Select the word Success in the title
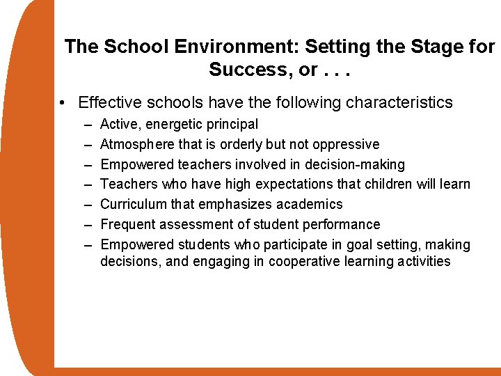click(x=243, y=70)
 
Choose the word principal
click(x=232, y=125)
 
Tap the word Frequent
click(x=127, y=224)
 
